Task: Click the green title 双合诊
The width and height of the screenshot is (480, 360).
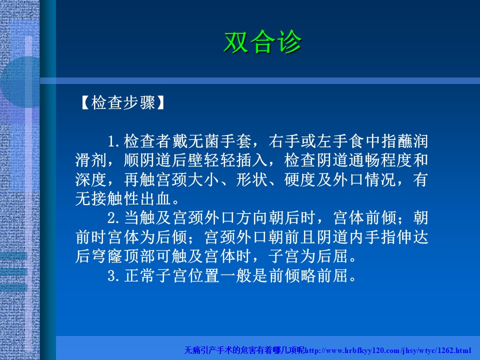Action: [x=262, y=42]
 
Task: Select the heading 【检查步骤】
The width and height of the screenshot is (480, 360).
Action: [x=123, y=102]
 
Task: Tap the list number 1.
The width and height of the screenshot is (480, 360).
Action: [x=113, y=141]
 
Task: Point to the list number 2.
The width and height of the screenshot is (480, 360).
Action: [x=113, y=218]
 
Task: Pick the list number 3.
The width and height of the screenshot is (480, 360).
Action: [x=113, y=275]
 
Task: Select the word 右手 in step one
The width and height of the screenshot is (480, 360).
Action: [x=284, y=141]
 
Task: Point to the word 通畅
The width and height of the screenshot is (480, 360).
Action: [x=364, y=160]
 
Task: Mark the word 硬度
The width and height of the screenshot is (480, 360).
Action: [x=300, y=179]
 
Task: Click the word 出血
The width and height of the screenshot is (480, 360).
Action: [x=155, y=198]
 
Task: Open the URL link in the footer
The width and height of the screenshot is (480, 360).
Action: [x=388, y=350]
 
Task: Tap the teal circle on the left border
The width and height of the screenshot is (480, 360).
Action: [x=20, y=81]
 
